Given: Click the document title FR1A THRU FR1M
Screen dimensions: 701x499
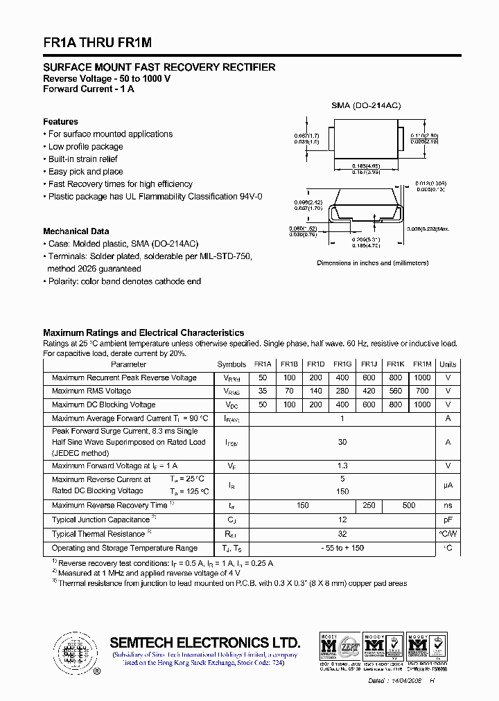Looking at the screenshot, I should click(97, 42).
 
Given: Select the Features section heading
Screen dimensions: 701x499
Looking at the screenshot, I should click(60, 122).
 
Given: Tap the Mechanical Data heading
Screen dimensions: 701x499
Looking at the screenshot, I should click(76, 231).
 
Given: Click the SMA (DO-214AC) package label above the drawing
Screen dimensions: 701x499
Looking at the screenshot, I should click(366, 105).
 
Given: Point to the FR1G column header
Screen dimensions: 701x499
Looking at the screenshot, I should click(342, 364).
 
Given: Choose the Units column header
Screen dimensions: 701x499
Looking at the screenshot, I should click(448, 364).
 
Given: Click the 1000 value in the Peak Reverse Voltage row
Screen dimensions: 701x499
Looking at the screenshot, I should click(421, 378).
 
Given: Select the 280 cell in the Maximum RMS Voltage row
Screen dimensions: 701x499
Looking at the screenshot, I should click(342, 391).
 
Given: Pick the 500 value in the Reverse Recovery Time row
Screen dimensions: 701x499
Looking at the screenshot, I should click(409, 506).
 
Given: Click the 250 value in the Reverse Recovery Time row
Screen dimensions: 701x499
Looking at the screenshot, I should click(369, 506).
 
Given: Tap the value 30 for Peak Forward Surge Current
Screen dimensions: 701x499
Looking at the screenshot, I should click(342, 442).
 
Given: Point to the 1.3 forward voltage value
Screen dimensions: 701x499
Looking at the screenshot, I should click(342, 466).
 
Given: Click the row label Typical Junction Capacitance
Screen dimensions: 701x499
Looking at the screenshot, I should click(101, 520).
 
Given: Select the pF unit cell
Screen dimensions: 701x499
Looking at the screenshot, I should click(448, 520).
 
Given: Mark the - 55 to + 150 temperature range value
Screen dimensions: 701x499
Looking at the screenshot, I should click(342, 548).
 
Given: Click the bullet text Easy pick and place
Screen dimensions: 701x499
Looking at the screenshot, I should click(85, 172).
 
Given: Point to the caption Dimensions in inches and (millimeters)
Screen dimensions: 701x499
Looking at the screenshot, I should click(372, 263).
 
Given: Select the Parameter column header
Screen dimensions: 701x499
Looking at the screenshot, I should click(129, 364).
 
